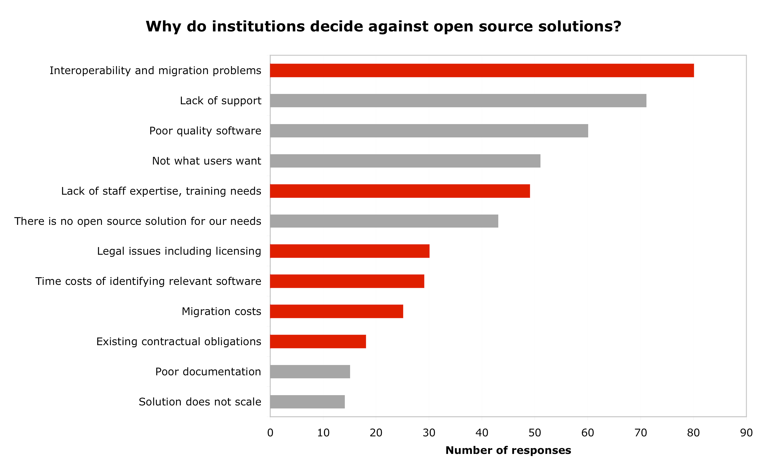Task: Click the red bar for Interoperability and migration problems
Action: click(x=481, y=70)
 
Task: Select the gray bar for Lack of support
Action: click(x=458, y=101)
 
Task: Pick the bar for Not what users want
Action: click(x=405, y=161)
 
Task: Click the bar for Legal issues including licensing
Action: click(x=349, y=251)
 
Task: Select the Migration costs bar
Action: click(x=336, y=311)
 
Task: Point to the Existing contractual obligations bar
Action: click(x=318, y=341)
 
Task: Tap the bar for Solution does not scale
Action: click(x=307, y=402)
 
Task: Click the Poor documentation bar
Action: click(x=310, y=372)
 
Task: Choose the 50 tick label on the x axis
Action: click(x=535, y=433)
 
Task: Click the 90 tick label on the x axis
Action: click(x=746, y=433)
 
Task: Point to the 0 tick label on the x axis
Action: click(x=270, y=433)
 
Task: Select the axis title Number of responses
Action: click(x=508, y=450)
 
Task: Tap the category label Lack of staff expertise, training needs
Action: click(x=161, y=191)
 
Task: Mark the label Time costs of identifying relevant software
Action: click(x=148, y=281)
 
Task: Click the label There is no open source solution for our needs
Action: click(x=138, y=221)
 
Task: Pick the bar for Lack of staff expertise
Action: click(x=400, y=191)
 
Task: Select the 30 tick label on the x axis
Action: click(x=429, y=433)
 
